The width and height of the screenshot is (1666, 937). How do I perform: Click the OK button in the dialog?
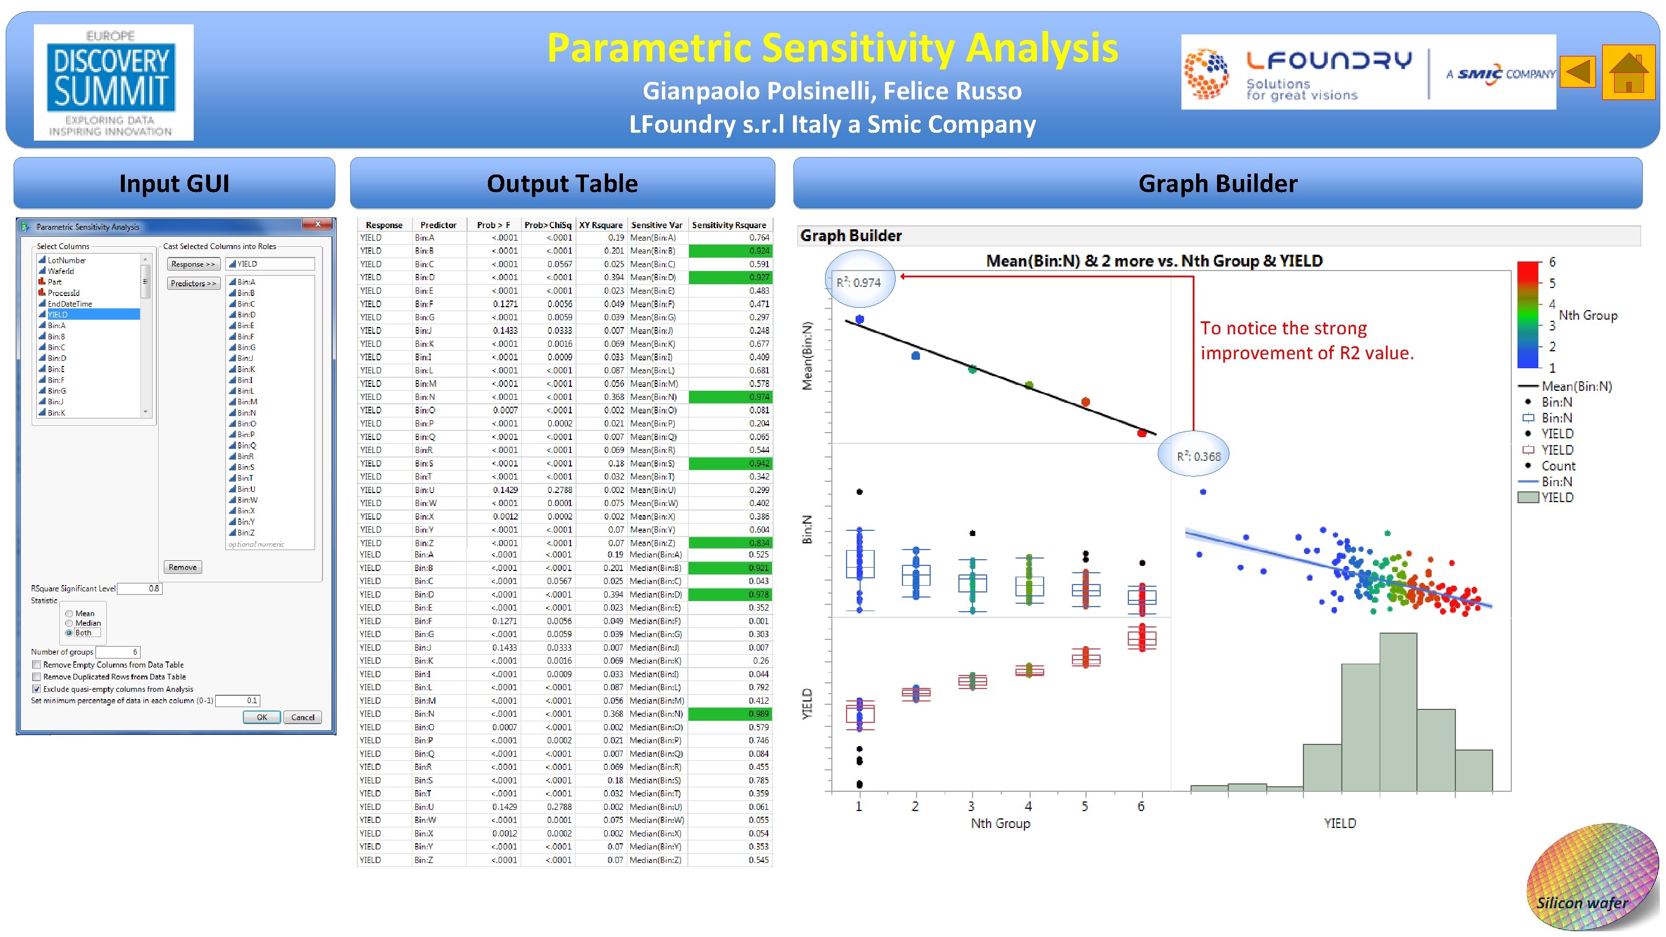[x=261, y=717]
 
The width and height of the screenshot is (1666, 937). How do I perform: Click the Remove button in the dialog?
[x=182, y=567]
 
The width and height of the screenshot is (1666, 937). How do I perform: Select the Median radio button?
[x=69, y=624]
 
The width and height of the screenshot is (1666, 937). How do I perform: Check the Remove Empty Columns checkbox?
[x=37, y=665]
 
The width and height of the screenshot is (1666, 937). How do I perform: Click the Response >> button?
[x=193, y=264]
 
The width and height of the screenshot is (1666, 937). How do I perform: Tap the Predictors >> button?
[x=193, y=283]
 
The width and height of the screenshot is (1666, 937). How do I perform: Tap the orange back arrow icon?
[x=1578, y=72]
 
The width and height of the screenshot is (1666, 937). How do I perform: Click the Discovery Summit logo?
[x=113, y=82]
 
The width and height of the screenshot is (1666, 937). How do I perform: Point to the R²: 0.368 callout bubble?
[x=1198, y=456]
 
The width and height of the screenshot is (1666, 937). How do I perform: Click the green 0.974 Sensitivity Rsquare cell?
[x=730, y=397]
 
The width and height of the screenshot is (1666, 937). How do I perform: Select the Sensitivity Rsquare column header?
[x=729, y=225]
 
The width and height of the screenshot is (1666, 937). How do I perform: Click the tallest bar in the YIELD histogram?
[x=1398, y=711]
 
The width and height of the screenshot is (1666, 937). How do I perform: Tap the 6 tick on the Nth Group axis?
[x=1141, y=807]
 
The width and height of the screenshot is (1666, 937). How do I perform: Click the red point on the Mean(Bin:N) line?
[x=1142, y=433]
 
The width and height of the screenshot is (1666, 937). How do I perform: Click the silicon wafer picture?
[x=1591, y=878]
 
